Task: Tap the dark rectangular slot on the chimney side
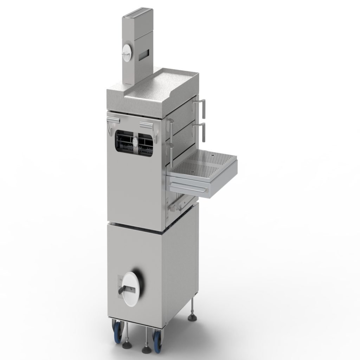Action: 144,54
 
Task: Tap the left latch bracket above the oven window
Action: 114,121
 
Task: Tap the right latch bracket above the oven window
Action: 146,124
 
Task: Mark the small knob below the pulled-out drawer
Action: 172,210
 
